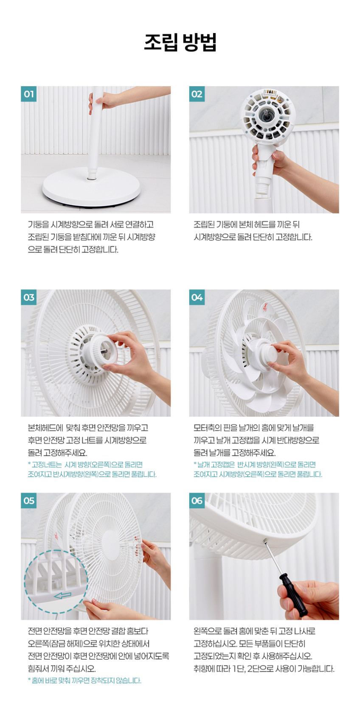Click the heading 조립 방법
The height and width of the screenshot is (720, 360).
click(180, 42)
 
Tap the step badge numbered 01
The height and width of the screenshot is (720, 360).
click(28, 94)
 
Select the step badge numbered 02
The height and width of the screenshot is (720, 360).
click(197, 94)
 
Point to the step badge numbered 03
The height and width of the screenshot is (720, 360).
click(28, 297)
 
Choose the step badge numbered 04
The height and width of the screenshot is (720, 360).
click(197, 297)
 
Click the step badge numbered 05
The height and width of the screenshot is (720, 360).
click(28, 501)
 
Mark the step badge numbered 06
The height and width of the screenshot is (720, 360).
click(197, 501)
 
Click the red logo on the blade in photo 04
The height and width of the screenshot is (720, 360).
click(265, 306)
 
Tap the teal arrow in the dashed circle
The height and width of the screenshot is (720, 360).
click(63, 595)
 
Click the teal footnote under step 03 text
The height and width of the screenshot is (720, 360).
click(92, 469)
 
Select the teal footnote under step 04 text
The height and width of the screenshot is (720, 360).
click(258, 469)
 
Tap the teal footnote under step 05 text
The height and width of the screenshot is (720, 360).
click(84, 681)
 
